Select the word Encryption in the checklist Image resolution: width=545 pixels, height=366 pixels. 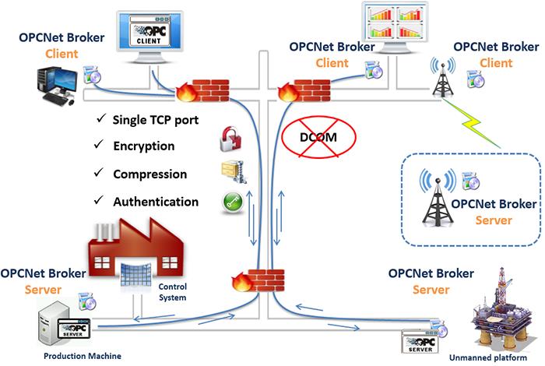coord(144,146)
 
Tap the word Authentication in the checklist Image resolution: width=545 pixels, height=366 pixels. coord(156,202)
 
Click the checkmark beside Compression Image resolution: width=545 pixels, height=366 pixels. coord(97,174)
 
